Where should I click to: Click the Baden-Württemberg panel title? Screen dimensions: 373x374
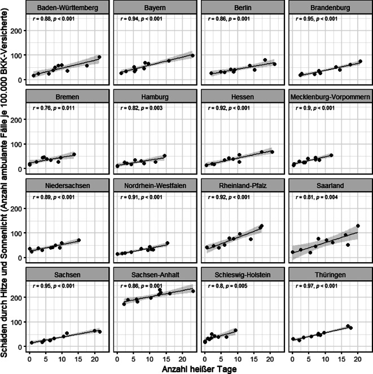[x=67, y=8]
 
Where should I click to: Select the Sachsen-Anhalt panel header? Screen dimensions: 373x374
[x=155, y=275]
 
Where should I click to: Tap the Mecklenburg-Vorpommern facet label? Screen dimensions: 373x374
[x=330, y=97]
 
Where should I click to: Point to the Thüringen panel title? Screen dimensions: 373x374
[x=330, y=275]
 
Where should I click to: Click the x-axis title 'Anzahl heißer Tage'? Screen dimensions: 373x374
[x=199, y=369]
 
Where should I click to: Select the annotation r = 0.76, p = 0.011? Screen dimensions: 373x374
[x=54, y=108]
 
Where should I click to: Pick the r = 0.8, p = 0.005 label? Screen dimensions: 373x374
[x=228, y=286]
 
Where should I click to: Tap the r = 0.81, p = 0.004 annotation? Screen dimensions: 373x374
[x=317, y=197]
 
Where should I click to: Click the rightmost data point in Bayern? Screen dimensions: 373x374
[x=192, y=55]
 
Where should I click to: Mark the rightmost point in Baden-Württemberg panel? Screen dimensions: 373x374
[x=99, y=57]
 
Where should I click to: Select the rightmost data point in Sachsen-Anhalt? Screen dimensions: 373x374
[x=193, y=291]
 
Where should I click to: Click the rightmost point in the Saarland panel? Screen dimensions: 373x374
[x=358, y=225]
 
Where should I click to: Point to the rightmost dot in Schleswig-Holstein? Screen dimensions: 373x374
[x=235, y=330]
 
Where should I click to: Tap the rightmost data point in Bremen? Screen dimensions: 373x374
[x=74, y=154]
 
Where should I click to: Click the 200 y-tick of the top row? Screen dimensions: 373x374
[x=17, y=31]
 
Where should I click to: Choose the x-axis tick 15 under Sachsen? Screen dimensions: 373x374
[x=78, y=359]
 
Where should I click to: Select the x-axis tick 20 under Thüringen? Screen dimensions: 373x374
[x=358, y=359]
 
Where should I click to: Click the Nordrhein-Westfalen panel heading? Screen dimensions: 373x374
[x=155, y=186]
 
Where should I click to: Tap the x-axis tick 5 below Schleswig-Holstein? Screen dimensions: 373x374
[x=221, y=359]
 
